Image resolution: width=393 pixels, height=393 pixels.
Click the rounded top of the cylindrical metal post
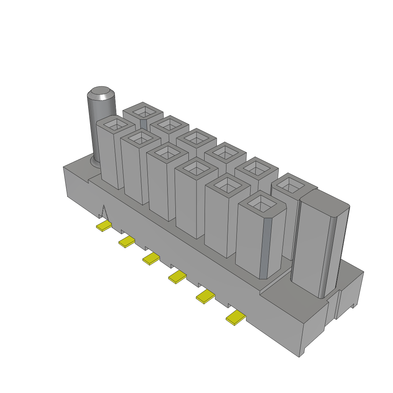[101, 93]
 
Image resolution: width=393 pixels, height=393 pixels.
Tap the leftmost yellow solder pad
[104, 226]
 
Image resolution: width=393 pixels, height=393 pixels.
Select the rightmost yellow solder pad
[236, 318]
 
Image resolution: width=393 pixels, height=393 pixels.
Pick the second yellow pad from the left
[127, 242]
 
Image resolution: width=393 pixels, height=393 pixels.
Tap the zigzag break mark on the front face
[104, 213]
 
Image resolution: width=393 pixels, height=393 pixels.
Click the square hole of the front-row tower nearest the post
[115, 124]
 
